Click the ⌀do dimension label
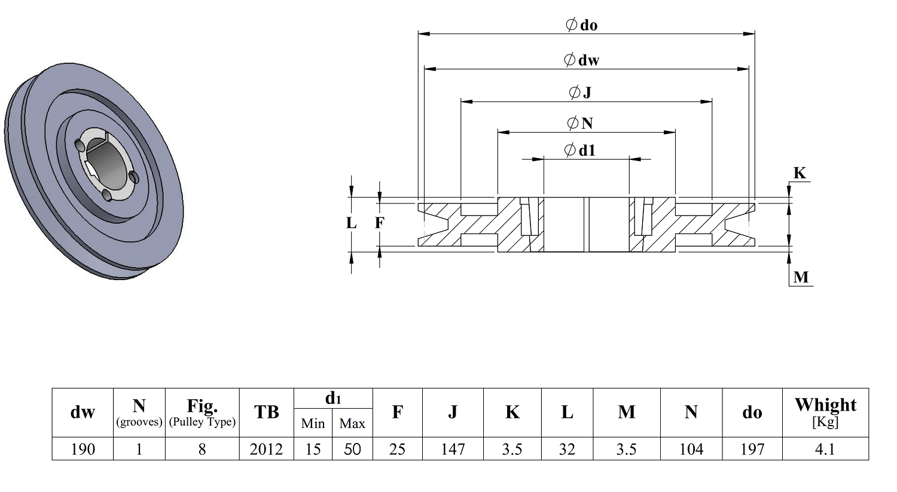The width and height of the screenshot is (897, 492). click(581, 25)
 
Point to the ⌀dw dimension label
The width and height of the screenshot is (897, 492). click(581, 60)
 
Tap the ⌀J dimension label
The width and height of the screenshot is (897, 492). click(580, 93)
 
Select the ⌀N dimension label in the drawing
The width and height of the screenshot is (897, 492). click(580, 123)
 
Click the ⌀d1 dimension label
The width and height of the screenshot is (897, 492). click(580, 150)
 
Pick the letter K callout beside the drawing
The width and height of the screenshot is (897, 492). click(800, 173)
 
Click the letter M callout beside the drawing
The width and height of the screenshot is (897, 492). click(801, 277)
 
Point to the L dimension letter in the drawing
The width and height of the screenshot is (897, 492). click(351, 223)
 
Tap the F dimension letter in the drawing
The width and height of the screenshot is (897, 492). click(379, 223)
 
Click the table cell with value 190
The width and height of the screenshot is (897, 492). click(83, 449)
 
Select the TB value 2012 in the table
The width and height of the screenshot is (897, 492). click(266, 449)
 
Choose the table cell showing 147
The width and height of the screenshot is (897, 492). click(453, 449)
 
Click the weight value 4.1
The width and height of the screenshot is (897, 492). click(825, 449)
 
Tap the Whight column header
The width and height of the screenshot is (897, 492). click(825, 412)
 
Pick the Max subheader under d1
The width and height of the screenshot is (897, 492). click(352, 423)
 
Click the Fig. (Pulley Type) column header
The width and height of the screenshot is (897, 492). click(202, 412)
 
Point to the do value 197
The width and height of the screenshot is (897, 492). click(752, 449)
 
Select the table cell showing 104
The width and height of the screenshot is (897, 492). click(691, 449)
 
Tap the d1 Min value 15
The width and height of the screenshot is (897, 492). click(313, 449)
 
